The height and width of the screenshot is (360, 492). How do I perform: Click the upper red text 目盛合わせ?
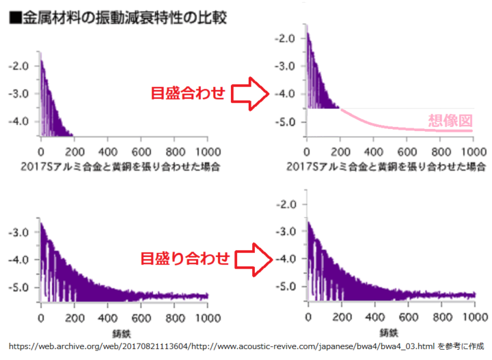tap(189, 94)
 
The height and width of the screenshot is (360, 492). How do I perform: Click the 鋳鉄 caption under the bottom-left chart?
tap(124, 333)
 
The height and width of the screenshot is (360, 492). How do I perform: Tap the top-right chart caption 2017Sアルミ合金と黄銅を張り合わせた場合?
tap(387, 167)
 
